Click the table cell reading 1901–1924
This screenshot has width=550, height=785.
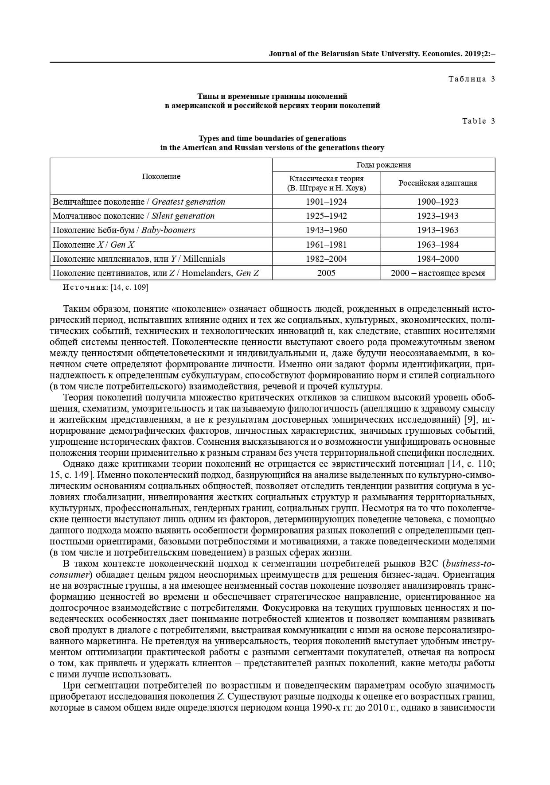[326, 202]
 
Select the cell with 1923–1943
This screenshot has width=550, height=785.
[437, 216]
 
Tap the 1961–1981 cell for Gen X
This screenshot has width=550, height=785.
[326, 245]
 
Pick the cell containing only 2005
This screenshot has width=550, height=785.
[326, 273]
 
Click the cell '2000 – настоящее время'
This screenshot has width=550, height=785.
[437, 273]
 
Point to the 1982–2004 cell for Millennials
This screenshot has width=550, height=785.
[326, 259]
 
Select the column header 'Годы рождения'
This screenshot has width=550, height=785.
[383, 165]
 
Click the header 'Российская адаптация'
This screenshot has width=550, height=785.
[437, 183]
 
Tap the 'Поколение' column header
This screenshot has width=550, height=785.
[161, 176]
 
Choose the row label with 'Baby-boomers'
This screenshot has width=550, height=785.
[124, 230]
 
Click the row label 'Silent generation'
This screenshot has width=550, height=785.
[133, 216]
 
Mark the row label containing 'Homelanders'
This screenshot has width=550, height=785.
[156, 273]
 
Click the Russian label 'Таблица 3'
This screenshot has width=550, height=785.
[472, 79]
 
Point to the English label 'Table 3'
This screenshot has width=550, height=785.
[478, 121]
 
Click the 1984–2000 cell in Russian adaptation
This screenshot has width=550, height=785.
[437, 259]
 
